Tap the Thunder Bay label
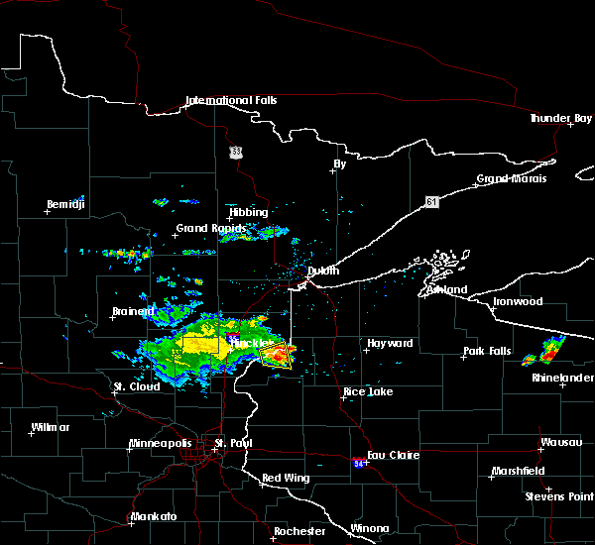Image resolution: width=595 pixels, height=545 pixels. (x=560, y=118)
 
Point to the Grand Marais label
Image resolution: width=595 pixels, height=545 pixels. (x=512, y=179)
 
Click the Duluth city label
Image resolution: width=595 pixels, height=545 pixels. (x=317, y=271)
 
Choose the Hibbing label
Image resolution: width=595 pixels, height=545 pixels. (x=248, y=212)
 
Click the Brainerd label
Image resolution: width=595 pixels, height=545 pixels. (x=132, y=311)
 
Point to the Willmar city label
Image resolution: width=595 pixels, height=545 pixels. (x=50, y=427)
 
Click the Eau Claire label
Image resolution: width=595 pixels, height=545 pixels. (x=394, y=455)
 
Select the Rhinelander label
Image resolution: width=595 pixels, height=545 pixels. (x=562, y=378)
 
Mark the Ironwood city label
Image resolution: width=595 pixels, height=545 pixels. (x=516, y=301)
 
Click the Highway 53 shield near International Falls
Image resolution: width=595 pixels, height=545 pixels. (x=235, y=151)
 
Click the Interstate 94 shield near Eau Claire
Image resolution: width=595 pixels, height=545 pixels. (x=358, y=462)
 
